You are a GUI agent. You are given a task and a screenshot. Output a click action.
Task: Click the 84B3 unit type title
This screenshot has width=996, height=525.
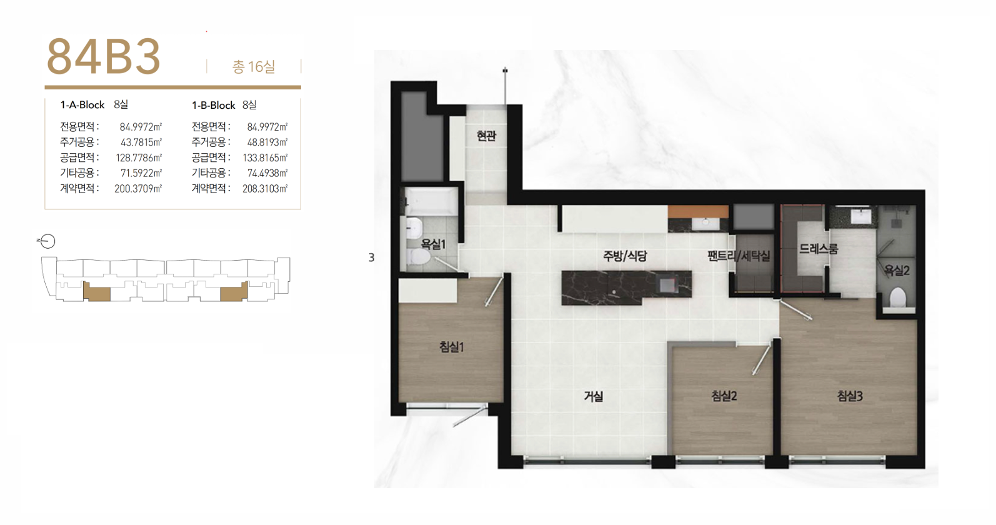click(x=103, y=56)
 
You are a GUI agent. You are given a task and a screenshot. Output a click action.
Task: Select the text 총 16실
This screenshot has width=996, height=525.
click(x=254, y=67)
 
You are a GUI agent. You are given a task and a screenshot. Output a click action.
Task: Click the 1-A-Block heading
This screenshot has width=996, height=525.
click(x=82, y=105)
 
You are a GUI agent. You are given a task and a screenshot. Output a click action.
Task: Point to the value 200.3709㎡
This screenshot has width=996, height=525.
click(x=138, y=189)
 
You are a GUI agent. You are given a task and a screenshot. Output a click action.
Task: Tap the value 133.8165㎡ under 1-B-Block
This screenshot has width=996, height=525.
click(x=265, y=157)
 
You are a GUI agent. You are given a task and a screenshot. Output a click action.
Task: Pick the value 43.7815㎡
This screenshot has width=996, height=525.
click(x=141, y=142)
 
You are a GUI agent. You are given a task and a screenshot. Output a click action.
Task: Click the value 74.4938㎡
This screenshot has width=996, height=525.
click(x=267, y=173)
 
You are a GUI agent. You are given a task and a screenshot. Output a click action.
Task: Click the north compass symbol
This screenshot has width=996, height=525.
click(x=47, y=242)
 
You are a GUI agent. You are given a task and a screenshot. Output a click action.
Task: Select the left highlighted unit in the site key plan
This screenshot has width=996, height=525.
click(x=97, y=292)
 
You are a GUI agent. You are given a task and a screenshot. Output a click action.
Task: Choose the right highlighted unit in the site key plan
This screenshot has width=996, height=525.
click(x=234, y=292)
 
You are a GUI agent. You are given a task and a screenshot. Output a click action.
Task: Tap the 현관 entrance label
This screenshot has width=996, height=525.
click(x=486, y=136)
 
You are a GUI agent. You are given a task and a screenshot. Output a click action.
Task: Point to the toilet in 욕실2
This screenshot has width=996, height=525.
click(x=898, y=297)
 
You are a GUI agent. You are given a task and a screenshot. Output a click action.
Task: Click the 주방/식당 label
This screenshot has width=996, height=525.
click(x=625, y=256)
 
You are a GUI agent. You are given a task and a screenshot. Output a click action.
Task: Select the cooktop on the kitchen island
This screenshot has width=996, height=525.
click(x=667, y=285)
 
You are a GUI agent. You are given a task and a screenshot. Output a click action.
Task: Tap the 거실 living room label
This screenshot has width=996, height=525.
click(x=594, y=396)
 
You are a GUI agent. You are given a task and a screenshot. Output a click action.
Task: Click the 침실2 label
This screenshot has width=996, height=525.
click(x=724, y=396)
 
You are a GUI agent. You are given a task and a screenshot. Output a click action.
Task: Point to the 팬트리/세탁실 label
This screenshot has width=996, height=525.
click(x=739, y=256)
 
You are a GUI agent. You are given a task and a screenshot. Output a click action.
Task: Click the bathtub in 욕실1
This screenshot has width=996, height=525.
click(x=432, y=201)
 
